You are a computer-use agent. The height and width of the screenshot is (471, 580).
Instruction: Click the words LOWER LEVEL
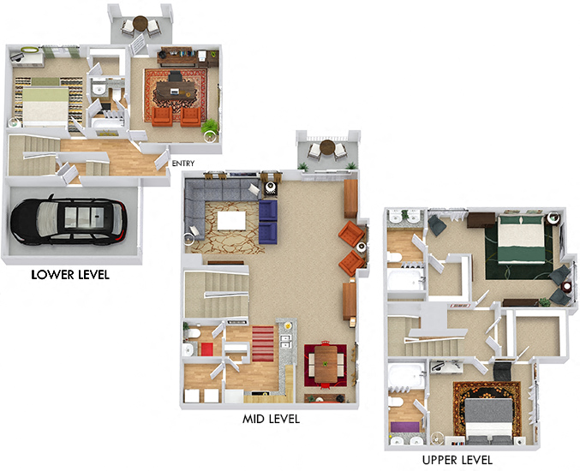[70, 276]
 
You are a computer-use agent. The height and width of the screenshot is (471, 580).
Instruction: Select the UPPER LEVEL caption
[457, 460]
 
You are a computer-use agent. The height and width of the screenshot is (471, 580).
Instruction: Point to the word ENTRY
[183, 164]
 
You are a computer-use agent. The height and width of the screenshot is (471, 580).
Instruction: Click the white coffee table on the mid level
[233, 221]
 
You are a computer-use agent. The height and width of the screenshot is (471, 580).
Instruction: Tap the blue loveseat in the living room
[269, 220]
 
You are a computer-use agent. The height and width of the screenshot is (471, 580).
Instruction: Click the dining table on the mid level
[326, 364]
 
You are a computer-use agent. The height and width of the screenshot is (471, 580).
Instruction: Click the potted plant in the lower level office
[209, 128]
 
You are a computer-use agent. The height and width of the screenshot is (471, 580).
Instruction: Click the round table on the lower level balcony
[139, 26]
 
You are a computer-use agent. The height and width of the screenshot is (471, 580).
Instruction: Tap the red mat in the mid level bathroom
[206, 348]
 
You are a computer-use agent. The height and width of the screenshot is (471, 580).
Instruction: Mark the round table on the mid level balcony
[326, 149]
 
